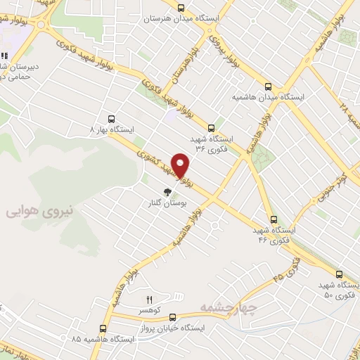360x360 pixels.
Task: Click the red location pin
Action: (x=181, y=165)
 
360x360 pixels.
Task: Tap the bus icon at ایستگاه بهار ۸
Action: (x=110, y=119)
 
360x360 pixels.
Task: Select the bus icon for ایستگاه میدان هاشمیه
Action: (x=266, y=86)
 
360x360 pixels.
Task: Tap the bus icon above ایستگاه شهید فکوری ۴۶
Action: (x=273, y=219)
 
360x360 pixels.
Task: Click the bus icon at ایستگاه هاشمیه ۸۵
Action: (x=103, y=328)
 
